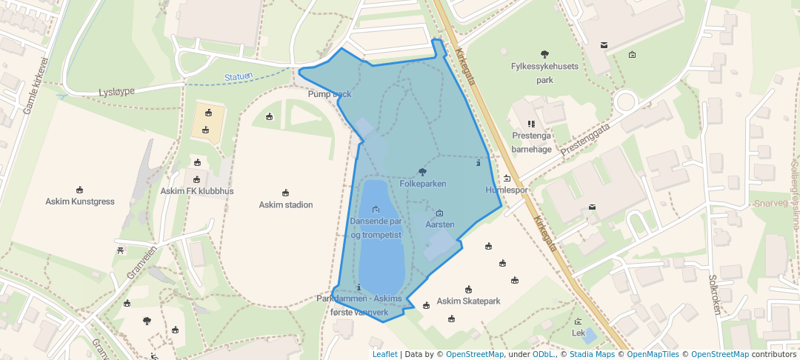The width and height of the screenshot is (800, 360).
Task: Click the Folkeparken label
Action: [x=422, y=183]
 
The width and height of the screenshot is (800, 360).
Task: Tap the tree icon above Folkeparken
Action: [x=422, y=172]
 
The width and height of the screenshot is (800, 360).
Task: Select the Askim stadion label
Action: [x=286, y=204]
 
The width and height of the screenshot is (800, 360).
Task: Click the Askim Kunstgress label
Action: [x=80, y=201]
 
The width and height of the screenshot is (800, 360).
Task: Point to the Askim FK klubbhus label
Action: [x=197, y=191]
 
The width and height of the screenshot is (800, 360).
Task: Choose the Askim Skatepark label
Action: [x=469, y=301]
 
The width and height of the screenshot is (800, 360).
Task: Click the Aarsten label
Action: [x=440, y=224]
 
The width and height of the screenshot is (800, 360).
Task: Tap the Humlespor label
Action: [x=507, y=190]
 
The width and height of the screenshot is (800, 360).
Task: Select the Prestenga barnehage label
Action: [x=532, y=142]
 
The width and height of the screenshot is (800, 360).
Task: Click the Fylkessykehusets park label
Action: [x=544, y=73]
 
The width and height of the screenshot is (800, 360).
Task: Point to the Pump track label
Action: [x=330, y=94]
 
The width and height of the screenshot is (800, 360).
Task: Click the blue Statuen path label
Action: [x=239, y=76]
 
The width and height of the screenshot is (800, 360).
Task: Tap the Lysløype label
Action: [x=117, y=91]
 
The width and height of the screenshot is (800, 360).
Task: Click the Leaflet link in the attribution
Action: [x=384, y=354]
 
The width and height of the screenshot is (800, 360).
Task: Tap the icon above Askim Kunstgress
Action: [x=80, y=190]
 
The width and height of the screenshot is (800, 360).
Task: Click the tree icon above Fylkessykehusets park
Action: [x=544, y=53]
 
